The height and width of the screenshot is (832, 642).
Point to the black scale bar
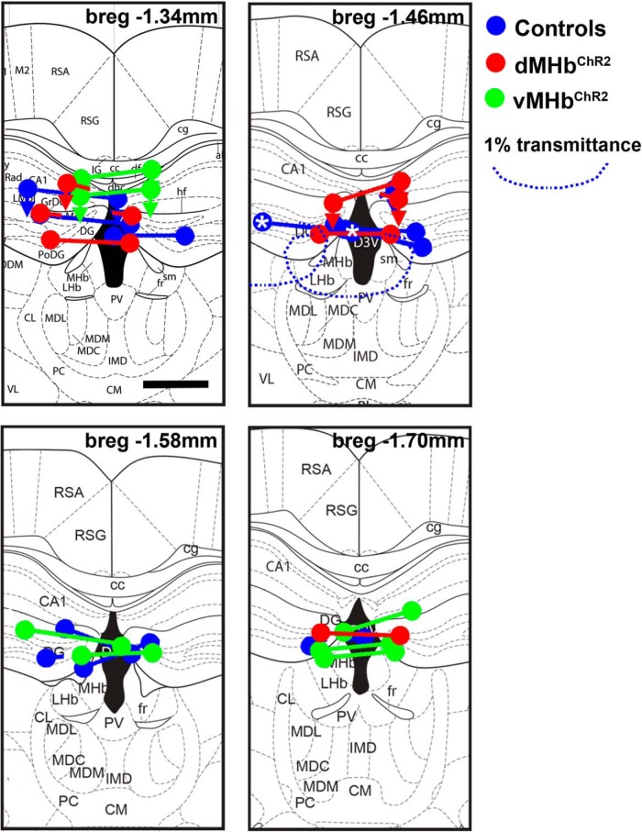pyautogui.click(x=176, y=383)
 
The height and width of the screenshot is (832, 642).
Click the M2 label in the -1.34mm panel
pyautogui.click(x=25, y=70)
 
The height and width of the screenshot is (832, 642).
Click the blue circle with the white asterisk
pyautogui.click(x=262, y=222)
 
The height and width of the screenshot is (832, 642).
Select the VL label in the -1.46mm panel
pyautogui.click(x=267, y=377)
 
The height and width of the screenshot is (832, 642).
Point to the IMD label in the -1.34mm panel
pyautogui.click(x=118, y=361)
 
